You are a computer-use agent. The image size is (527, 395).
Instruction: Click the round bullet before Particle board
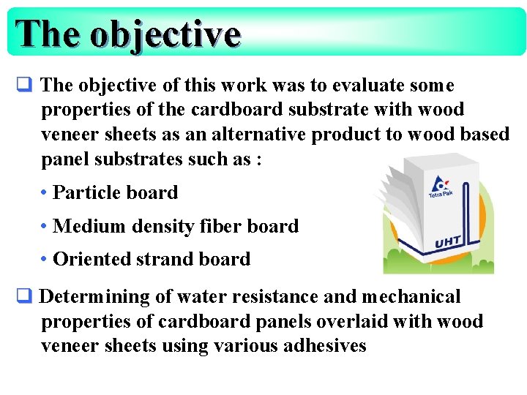[45, 193]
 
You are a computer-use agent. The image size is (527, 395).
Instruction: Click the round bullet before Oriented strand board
[45, 259]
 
